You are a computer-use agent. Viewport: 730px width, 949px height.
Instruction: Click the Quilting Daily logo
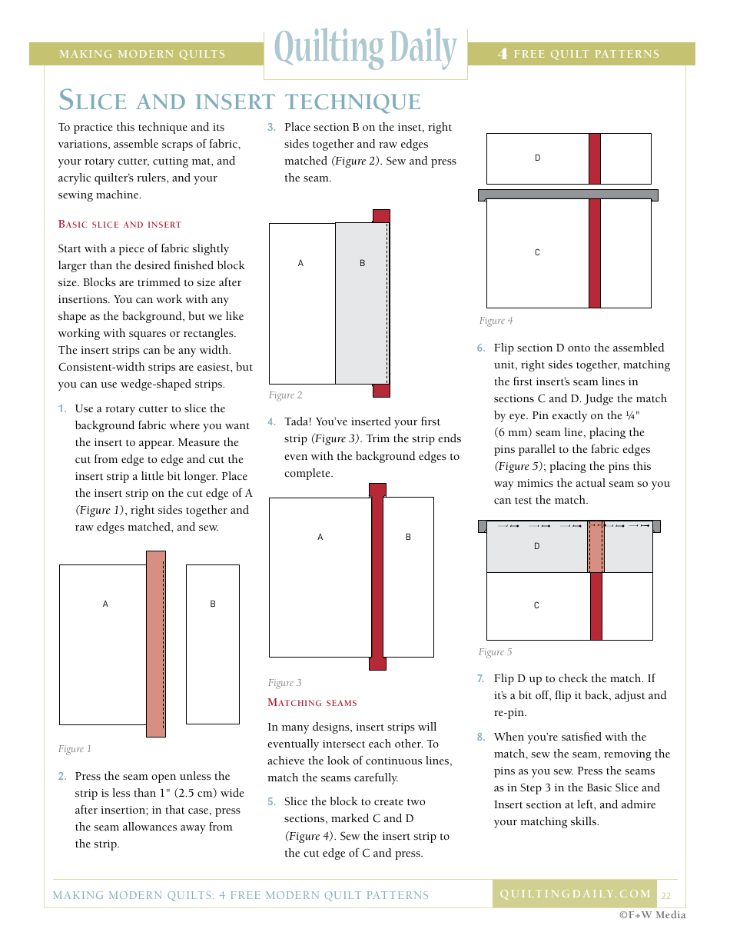point(365,50)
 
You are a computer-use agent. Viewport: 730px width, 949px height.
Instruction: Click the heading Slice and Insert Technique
point(240,101)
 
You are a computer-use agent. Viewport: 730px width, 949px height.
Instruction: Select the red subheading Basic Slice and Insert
point(120,225)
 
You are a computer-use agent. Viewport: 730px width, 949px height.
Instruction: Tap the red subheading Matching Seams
point(312,702)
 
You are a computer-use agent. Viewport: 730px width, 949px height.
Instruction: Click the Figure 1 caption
point(75,749)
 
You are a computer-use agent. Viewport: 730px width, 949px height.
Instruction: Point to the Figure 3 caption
point(284,683)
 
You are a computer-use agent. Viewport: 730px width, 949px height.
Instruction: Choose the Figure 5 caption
point(495,652)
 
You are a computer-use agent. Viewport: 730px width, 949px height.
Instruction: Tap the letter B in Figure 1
point(213,604)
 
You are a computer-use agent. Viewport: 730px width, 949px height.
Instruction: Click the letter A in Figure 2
point(300,264)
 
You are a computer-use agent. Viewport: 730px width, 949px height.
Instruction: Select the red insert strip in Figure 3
point(377,577)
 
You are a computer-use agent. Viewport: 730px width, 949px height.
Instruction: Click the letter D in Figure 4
point(538,158)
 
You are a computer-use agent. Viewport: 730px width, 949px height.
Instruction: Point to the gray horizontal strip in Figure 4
point(568,195)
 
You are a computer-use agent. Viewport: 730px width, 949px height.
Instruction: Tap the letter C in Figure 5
point(536,606)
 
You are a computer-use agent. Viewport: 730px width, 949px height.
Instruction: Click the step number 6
point(481,348)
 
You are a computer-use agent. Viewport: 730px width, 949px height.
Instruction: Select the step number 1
point(62,409)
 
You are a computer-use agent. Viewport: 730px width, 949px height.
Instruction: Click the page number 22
point(666,896)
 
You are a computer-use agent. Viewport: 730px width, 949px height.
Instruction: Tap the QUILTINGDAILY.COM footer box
point(575,894)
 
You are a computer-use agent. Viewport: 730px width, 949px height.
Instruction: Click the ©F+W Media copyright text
point(652,915)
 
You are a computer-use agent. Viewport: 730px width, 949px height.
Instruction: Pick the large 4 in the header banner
point(503,54)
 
